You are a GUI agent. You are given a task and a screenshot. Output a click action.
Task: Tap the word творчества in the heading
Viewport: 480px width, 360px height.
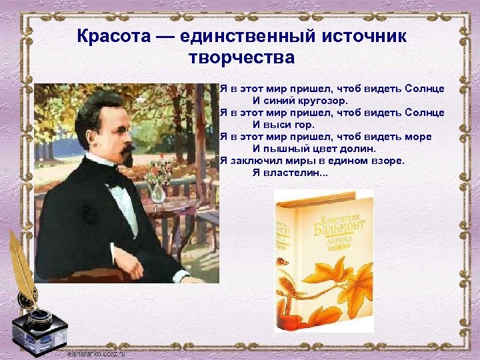[241, 57]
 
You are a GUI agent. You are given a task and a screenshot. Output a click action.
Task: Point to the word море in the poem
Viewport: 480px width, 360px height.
[416, 136]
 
